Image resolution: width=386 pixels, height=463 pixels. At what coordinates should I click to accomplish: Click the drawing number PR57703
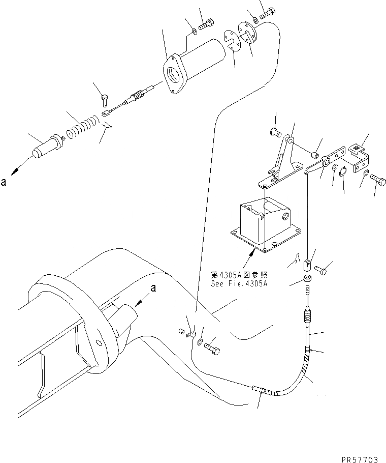pyautogui.click(x=360, y=458)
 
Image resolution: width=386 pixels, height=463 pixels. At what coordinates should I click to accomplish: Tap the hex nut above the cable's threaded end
pyautogui.click(x=307, y=279)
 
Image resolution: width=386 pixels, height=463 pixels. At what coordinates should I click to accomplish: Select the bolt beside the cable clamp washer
pyautogui.click(x=212, y=350)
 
